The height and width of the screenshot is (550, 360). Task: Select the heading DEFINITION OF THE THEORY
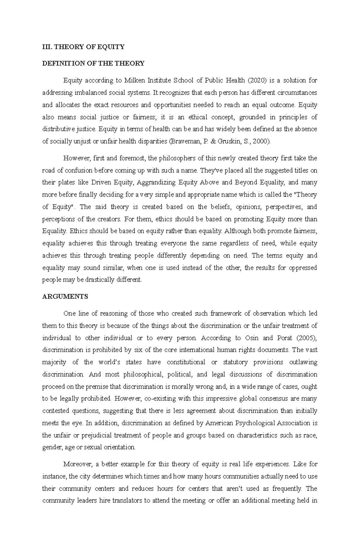(93, 63)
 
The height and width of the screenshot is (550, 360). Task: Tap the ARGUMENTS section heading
(65, 296)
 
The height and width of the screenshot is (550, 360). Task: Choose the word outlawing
(303, 362)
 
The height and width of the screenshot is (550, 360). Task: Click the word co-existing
(160, 399)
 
